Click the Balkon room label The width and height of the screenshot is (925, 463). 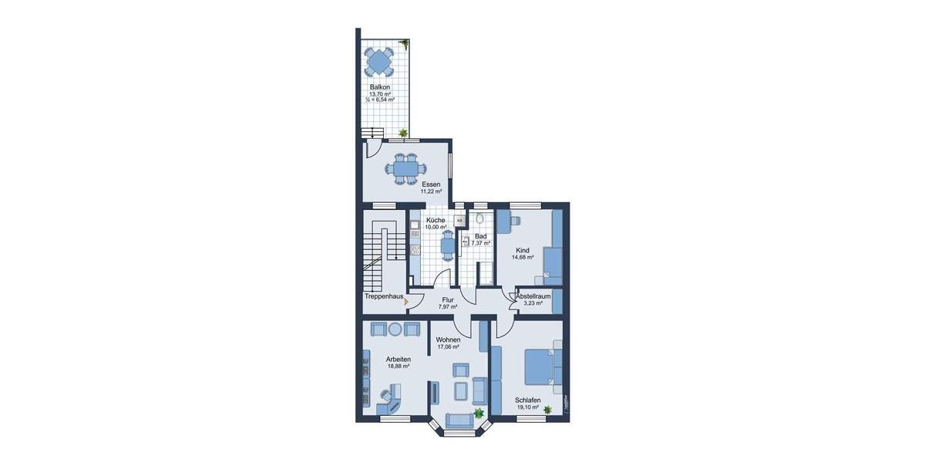[x=379, y=87]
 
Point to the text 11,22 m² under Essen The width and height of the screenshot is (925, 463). [x=431, y=191]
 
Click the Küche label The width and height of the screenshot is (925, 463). [x=436, y=220]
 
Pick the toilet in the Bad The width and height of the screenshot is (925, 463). [x=479, y=220]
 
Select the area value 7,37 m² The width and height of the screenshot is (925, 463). [x=481, y=243]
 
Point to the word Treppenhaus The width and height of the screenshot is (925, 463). [x=385, y=296]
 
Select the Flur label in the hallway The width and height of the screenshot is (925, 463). [x=448, y=299]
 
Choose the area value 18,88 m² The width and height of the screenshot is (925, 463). [x=398, y=367]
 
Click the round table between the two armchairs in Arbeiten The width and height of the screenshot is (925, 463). [x=395, y=330]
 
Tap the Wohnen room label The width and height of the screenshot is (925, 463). [x=448, y=340]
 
